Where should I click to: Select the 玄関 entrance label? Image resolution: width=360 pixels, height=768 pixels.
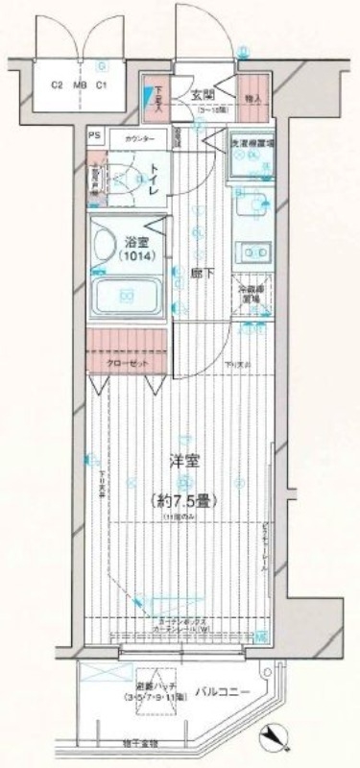point(203,94)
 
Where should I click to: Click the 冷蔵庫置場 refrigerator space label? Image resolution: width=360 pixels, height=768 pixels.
point(252,293)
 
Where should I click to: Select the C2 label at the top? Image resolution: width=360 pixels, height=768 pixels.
point(57,84)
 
